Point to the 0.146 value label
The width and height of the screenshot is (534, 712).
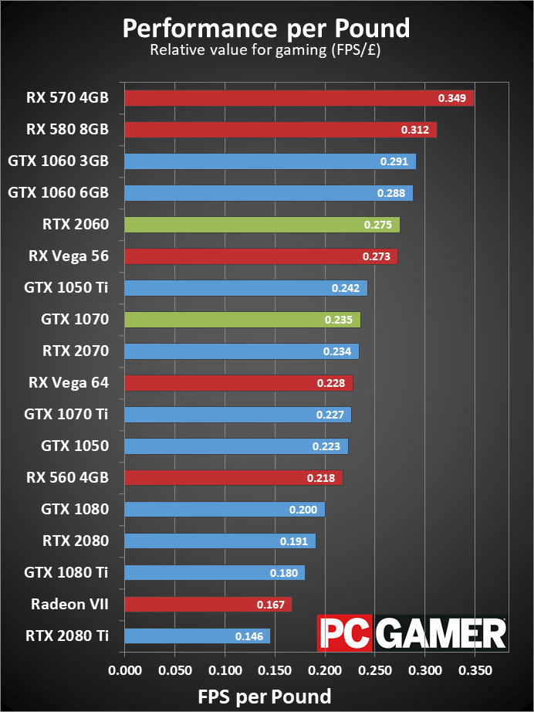click(x=248, y=636)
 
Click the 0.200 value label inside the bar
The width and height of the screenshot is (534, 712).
click(x=302, y=510)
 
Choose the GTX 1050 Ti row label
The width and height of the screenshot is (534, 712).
click(x=66, y=288)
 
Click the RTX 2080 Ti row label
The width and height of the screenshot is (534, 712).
click(x=66, y=636)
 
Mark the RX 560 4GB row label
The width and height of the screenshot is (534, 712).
click(x=67, y=478)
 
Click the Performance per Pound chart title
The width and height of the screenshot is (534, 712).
click(x=266, y=28)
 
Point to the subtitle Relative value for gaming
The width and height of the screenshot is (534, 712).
click(x=266, y=51)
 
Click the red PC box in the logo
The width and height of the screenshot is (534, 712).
click(x=340, y=633)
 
